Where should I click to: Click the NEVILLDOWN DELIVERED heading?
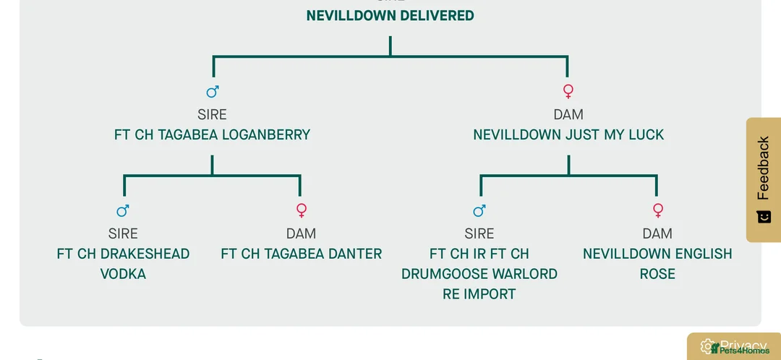(x=390, y=15)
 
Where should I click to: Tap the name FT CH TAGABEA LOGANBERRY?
(x=212, y=134)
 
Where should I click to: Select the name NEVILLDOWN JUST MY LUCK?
(x=568, y=134)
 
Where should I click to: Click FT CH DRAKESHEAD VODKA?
(x=123, y=263)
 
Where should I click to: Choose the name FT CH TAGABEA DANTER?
(x=301, y=254)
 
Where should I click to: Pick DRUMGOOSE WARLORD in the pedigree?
(x=479, y=274)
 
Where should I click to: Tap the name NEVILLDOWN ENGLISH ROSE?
(x=657, y=263)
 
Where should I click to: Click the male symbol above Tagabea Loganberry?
(x=213, y=92)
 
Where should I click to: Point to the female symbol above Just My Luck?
(x=568, y=92)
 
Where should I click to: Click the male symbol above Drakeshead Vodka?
(x=123, y=210)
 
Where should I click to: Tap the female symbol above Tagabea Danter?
(x=302, y=210)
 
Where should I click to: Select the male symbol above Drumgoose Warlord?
(x=479, y=210)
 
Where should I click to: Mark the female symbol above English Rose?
(x=657, y=210)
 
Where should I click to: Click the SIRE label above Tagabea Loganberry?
(x=212, y=114)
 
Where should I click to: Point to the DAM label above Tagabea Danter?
(x=301, y=233)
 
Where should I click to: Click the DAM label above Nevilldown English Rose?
(x=657, y=233)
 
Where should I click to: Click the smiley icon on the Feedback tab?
(x=764, y=217)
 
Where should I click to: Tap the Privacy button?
(x=734, y=346)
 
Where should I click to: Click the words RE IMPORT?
(x=479, y=294)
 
